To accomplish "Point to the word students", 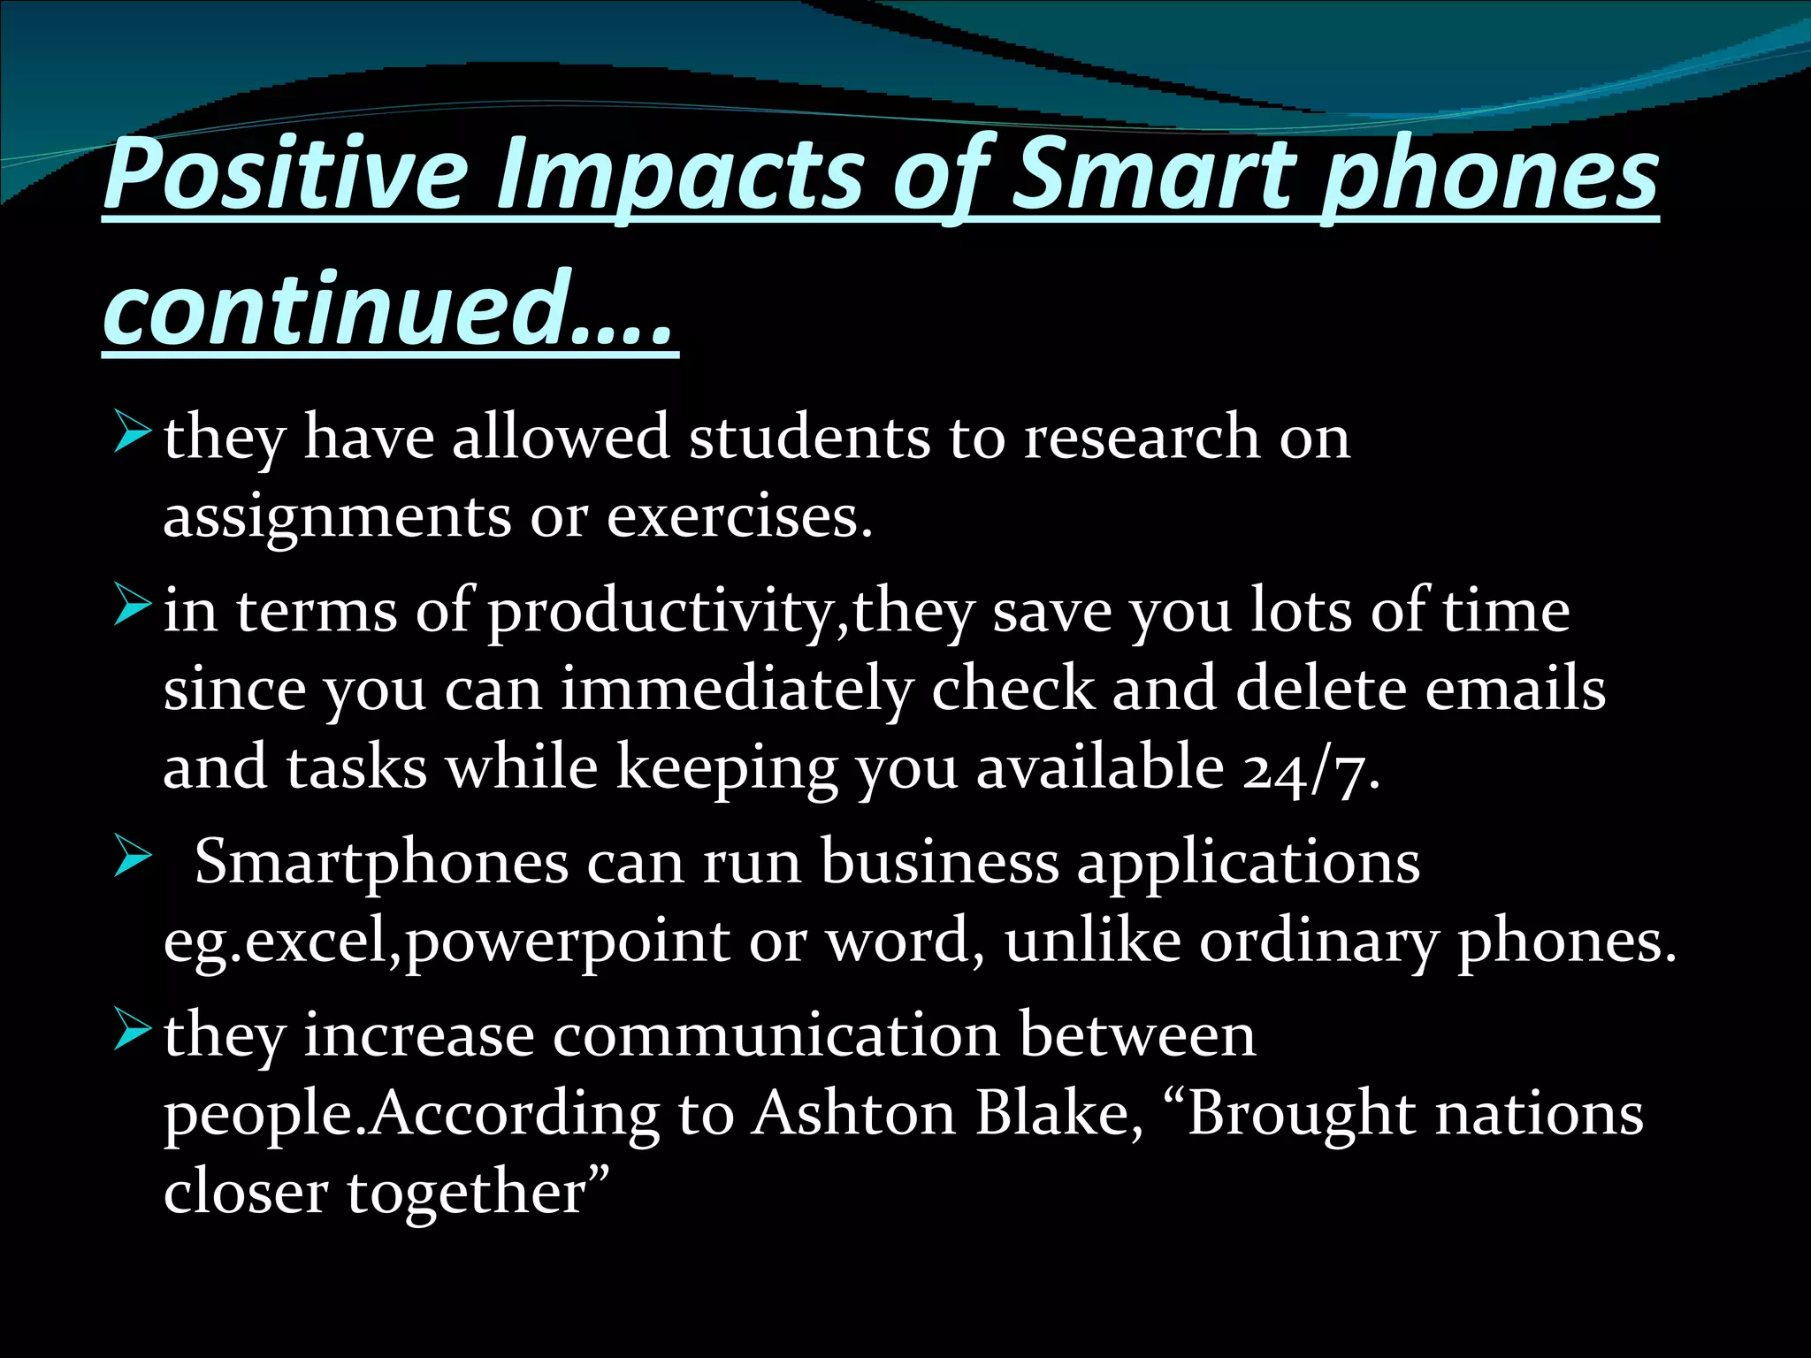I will (x=809, y=437).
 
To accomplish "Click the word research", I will (x=1141, y=437).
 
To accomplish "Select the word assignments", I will (x=337, y=517).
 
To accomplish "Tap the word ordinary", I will (x=1318, y=942).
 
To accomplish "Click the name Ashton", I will (x=854, y=1113).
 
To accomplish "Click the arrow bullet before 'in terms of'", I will (x=134, y=610).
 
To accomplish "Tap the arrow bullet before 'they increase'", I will (x=134, y=1034).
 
